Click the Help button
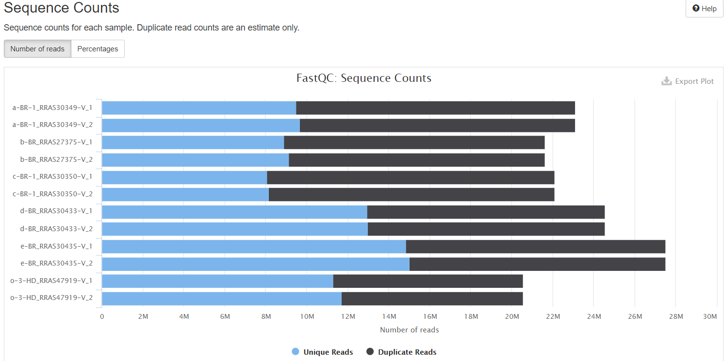704,9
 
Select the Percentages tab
98,49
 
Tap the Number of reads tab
37,49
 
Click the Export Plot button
688,81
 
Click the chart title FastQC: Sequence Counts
363,78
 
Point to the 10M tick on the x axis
307,317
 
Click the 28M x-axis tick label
676,317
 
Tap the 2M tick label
143,317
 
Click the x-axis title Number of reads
409,330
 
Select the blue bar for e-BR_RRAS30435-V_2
255,264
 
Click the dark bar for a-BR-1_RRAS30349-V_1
435,108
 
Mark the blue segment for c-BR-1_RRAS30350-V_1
184,177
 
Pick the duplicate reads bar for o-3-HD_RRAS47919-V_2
432,298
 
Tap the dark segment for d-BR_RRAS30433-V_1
486,212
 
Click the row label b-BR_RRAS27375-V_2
52,160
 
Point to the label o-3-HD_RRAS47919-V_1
51,281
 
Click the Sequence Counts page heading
62,8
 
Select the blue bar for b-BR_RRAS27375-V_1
193,142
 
